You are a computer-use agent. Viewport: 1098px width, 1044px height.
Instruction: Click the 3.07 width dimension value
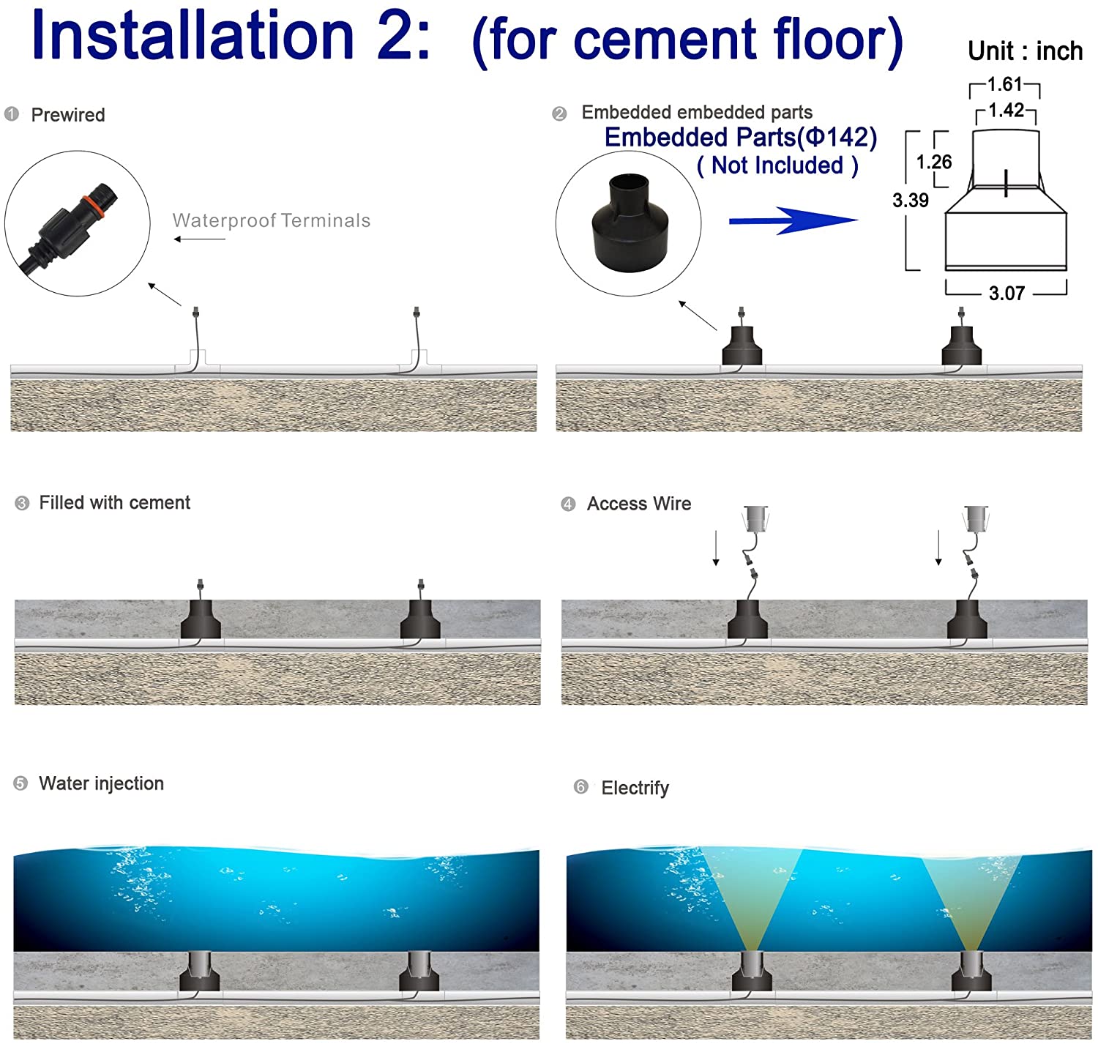(x=1006, y=294)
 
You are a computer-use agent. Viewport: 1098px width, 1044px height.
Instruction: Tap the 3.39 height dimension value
(x=910, y=201)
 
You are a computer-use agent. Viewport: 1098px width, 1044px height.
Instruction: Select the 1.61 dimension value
(x=1004, y=85)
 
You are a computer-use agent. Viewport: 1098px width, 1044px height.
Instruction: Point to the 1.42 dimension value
(x=1006, y=111)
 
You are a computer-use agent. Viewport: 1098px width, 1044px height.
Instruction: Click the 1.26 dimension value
(x=934, y=162)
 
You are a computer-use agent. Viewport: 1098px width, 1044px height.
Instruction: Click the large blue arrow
(x=793, y=220)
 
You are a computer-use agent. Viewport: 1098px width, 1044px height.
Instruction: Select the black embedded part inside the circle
(x=628, y=223)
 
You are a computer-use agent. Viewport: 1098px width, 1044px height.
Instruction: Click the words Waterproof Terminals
(x=272, y=220)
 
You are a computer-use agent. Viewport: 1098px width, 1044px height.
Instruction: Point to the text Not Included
(x=777, y=165)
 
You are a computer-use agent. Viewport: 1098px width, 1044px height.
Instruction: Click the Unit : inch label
(x=1025, y=51)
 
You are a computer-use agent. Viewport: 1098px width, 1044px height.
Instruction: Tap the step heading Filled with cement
(x=114, y=503)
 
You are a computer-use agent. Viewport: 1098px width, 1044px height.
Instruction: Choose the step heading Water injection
(x=101, y=783)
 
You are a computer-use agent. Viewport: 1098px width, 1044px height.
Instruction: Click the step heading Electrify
(x=635, y=788)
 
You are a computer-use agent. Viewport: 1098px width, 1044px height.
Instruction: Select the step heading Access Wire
(x=638, y=504)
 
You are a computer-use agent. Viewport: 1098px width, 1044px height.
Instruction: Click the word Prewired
(x=68, y=115)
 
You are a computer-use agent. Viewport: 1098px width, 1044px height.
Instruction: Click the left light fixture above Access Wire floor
(x=755, y=518)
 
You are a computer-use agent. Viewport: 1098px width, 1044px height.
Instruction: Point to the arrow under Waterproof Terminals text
(x=199, y=239)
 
